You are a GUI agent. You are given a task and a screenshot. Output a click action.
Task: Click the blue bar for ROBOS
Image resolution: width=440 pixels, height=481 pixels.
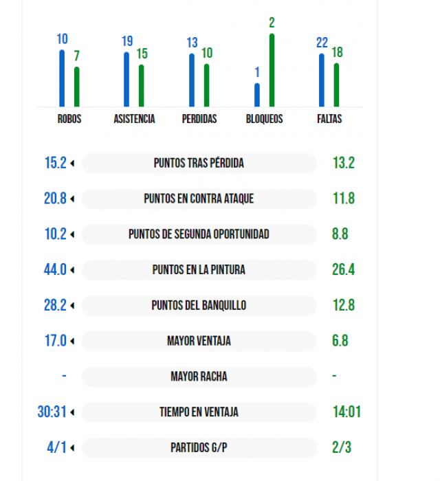pyautogui.click(x=62, y=78)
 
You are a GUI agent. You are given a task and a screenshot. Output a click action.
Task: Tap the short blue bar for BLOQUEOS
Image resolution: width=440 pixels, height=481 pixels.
pyautogui.click(x=257, y=95)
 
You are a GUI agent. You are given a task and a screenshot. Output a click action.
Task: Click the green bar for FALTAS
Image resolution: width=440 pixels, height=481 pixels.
pyautogui.click(x=336, y=85)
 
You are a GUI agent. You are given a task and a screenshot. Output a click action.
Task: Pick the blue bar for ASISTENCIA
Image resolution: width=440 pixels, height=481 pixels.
pyautogui.click(x=126, y=79)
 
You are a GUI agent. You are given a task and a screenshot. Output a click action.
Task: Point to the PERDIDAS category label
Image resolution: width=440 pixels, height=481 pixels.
pyautogui.click(x=199, y=119)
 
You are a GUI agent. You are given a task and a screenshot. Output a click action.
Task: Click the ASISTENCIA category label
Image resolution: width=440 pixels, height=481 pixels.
pyautogui.click(x=134, y=119)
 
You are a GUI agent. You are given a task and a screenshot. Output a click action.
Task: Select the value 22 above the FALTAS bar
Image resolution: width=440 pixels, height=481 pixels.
pyautogui.click(x=322, y=43)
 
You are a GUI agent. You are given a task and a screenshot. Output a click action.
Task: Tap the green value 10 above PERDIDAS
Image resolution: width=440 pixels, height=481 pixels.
pyautogui.click(x=206, y=53)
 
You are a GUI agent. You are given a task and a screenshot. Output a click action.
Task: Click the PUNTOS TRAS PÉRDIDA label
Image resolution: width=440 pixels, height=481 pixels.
pyautogui.click(x=199, y=164)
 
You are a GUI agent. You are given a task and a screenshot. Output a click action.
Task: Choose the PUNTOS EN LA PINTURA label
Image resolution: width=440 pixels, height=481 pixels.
pyautogui.click(x=199, y=270)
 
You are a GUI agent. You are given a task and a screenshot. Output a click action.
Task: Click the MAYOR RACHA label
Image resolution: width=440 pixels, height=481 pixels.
pyautogui.click(x=199, y=377)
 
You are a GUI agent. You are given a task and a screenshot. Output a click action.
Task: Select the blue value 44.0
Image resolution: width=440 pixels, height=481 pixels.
pyautogui.click(x=55, y=270)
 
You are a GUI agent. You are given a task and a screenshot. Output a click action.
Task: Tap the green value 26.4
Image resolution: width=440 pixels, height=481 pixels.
pyautogui.click(x=343, y=270)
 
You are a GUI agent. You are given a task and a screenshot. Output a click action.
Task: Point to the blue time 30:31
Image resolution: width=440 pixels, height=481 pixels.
pyautogui.click(x=52, y=412)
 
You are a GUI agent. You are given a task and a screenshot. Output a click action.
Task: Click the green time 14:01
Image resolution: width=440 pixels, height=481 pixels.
pyautogui.click(x=346, y=412)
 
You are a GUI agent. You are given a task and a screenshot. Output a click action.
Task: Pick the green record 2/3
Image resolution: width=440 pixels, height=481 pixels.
pyautogui.click(x=342, y=448)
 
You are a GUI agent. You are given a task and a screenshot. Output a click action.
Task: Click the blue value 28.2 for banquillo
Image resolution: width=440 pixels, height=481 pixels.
pyautogui.click(x=55, y=306)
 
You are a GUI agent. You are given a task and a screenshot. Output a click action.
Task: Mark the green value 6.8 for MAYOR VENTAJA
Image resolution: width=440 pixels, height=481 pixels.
pyautogui.click(x=340, y=342)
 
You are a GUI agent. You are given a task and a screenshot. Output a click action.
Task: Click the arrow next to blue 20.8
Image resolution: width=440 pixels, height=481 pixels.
pyautogui.click(x=72, y=199)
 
